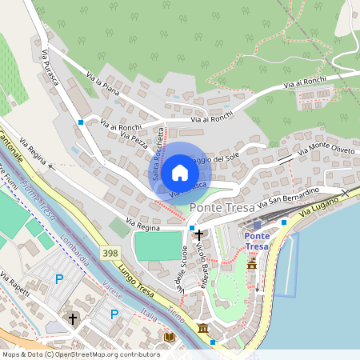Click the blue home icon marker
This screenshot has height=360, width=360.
pos(180,173)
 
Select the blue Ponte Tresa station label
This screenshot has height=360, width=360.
pos(256,241)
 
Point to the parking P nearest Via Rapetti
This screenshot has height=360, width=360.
pos(58,278)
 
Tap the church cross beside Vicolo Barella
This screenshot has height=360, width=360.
pos(199,235)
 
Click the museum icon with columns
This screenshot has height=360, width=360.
pos(202,329)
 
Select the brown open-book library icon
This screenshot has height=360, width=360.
pos(169,338)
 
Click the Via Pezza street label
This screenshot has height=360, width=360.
pos(133,140)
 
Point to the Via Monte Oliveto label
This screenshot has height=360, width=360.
pos(325,147)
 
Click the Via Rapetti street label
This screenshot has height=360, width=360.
pos(16,286)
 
